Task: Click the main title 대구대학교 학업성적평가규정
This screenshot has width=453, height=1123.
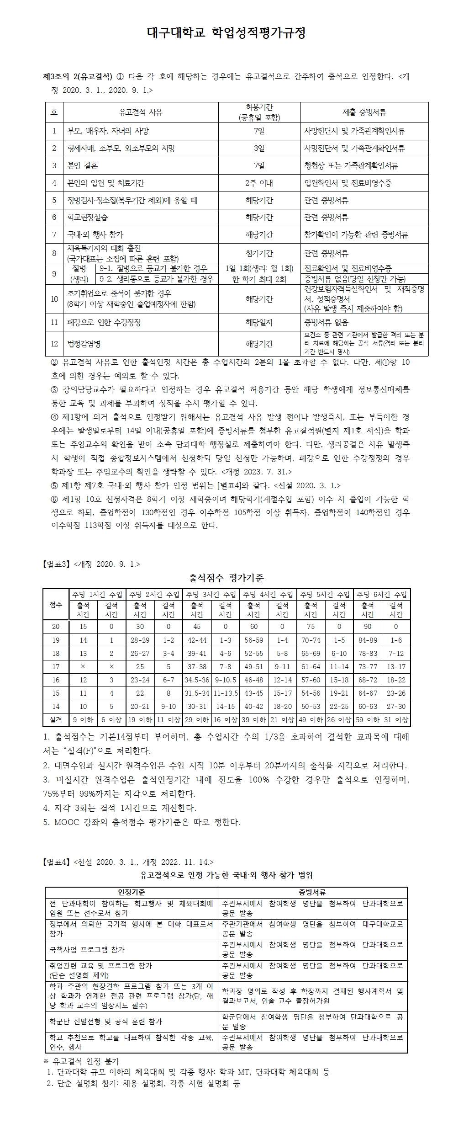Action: coord(226,32)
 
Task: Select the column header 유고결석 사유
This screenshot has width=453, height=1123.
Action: coord(141,112)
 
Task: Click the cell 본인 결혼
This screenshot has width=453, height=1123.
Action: coord(83,165)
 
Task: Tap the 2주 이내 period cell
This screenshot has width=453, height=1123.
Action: coord(259,183)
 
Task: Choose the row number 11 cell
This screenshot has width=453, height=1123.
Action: coord(54,323)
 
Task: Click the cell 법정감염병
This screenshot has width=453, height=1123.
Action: coord(84,344)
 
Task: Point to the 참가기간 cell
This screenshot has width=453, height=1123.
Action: coord(259,253)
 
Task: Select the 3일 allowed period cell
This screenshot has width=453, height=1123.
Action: coord(259,148)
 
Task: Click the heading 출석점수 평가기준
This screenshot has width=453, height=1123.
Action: coord(226,578)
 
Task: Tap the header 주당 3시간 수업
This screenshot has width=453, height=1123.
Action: coord(211,595)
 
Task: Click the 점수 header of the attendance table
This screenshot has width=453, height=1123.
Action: coord(55,605)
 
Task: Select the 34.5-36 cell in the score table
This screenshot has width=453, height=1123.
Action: coord(197,680)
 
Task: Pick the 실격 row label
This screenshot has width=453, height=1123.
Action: coord(55,720)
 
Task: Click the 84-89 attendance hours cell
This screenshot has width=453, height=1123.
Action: coord(368,640)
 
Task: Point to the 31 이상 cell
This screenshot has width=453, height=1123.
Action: coord(396,720)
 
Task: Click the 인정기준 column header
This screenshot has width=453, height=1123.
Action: coord(132,892)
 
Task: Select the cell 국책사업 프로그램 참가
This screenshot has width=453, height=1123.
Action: coord(87,950)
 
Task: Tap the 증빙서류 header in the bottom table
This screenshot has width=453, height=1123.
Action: coord(312,892)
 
